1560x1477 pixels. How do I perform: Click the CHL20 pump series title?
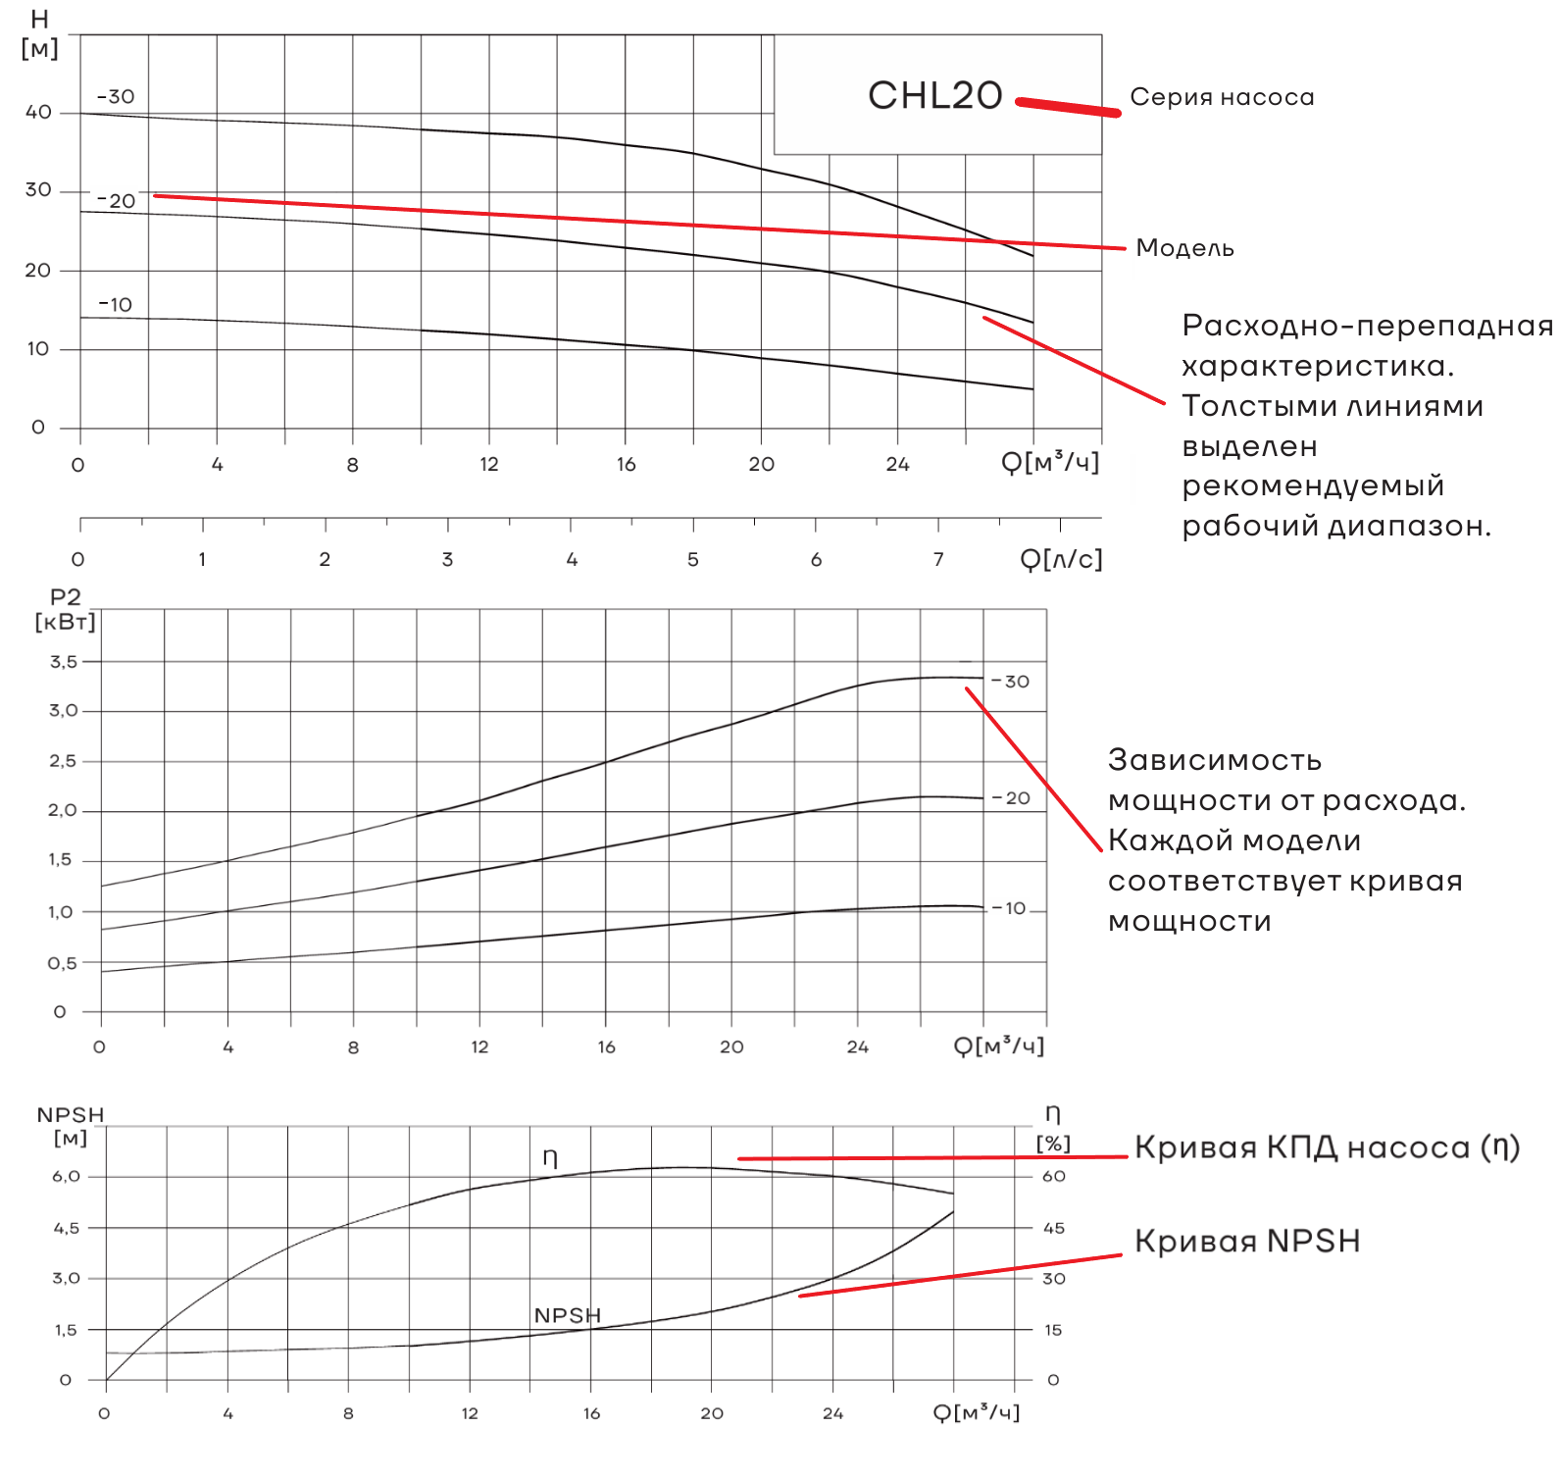tap(934, 96)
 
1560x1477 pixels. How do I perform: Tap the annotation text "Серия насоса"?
tap(1222, 97)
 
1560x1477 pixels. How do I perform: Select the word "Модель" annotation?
tap(1184, 248)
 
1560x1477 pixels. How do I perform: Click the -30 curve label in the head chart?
tap(116, 97)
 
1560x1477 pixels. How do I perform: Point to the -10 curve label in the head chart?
tap(115, 305)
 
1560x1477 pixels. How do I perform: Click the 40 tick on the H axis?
tap(39, 112)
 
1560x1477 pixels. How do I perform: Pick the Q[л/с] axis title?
tap(1061, 559)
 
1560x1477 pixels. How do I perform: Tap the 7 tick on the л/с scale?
tap(938, 560)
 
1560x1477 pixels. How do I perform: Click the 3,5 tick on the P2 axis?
tap(64, 662)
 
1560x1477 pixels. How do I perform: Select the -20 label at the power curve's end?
tap(1012, 798)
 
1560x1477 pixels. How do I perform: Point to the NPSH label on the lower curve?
tap(567, 1315)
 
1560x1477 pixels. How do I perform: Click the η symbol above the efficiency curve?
tap(550, 1158)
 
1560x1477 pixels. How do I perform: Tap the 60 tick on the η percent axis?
tap(1053, 1177)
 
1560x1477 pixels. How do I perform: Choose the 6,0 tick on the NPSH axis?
tap(67, 1177)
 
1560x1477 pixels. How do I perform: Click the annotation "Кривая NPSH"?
tap(1247, 1242)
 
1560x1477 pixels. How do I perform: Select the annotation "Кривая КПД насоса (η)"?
tap(1327, 1147)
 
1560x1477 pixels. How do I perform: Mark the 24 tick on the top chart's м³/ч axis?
tap(897, 465)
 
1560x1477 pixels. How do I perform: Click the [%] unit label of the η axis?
tap(1053, 1144)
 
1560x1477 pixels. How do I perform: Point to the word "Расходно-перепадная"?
tap(1367, 326)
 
